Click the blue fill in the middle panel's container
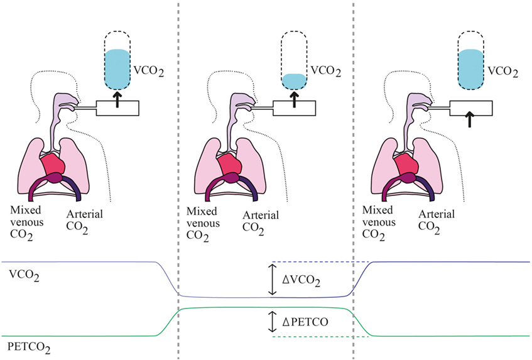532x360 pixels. pos(294,80)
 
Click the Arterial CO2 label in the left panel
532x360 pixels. pos(85,223)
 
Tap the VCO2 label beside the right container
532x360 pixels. pos(502,73)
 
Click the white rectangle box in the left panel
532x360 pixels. pos(117,107)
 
